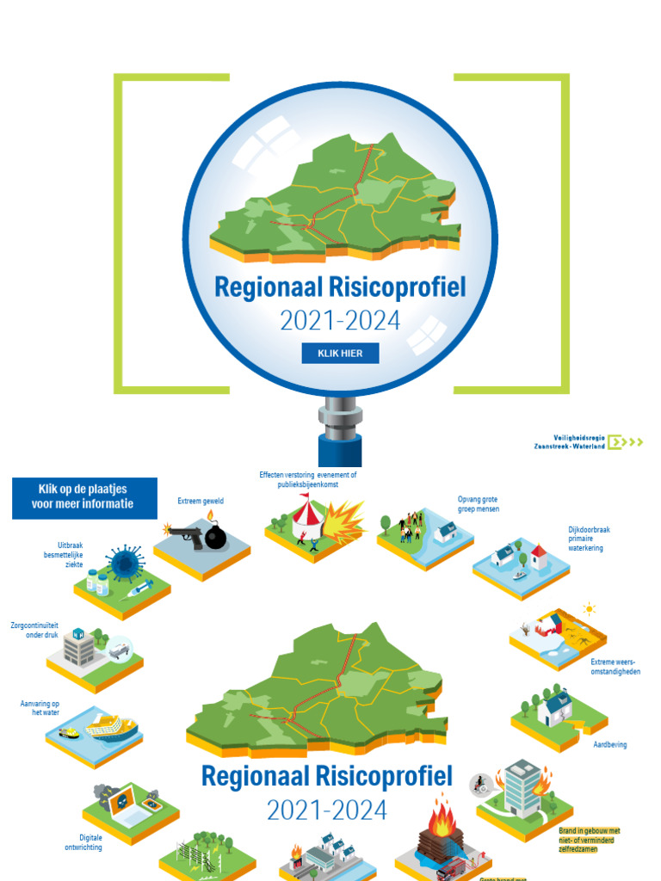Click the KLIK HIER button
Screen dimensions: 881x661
coord(340,353)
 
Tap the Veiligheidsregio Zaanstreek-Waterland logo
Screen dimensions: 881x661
coord(587,442)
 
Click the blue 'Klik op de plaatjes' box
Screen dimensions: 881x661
coord(84,498)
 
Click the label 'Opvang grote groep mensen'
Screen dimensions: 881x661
coord(478,503)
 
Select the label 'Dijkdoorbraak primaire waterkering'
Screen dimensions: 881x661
coord(589,539)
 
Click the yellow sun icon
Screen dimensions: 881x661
coord(590,609)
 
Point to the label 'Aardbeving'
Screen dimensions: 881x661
coord(610,744)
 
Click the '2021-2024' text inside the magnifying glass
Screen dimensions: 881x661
coord(340,320)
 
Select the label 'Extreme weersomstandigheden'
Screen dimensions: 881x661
coord(615,666)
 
